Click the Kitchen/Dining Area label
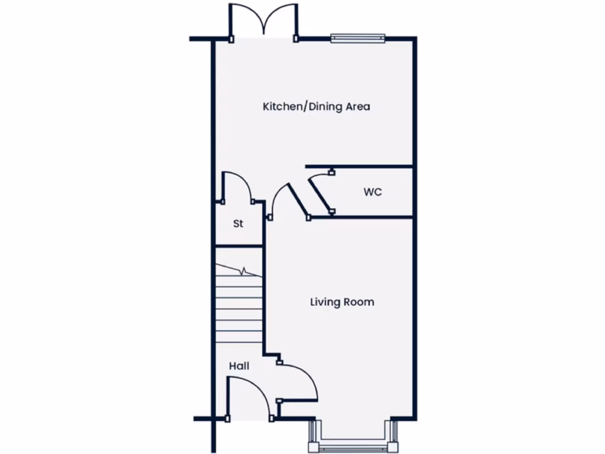(316, 107)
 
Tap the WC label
(372, 192)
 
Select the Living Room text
(342, 302)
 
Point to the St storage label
(238, 224)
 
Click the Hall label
(239, 366)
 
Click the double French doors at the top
(264, 21)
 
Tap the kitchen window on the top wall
(358, 38)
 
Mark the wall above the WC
(358, 167)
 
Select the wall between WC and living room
(360, 218)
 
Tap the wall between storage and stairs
(238, 245)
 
